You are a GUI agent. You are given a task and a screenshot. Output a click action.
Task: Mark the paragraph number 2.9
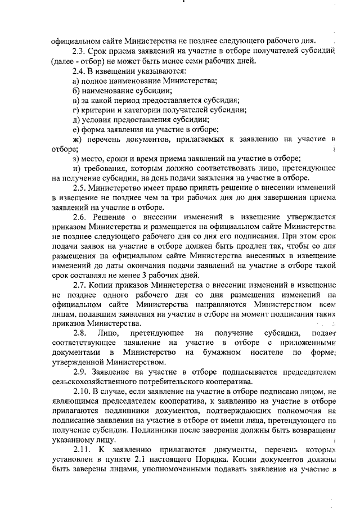tap(81, 372)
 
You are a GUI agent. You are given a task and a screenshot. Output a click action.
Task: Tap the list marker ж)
tap(78, 139)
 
